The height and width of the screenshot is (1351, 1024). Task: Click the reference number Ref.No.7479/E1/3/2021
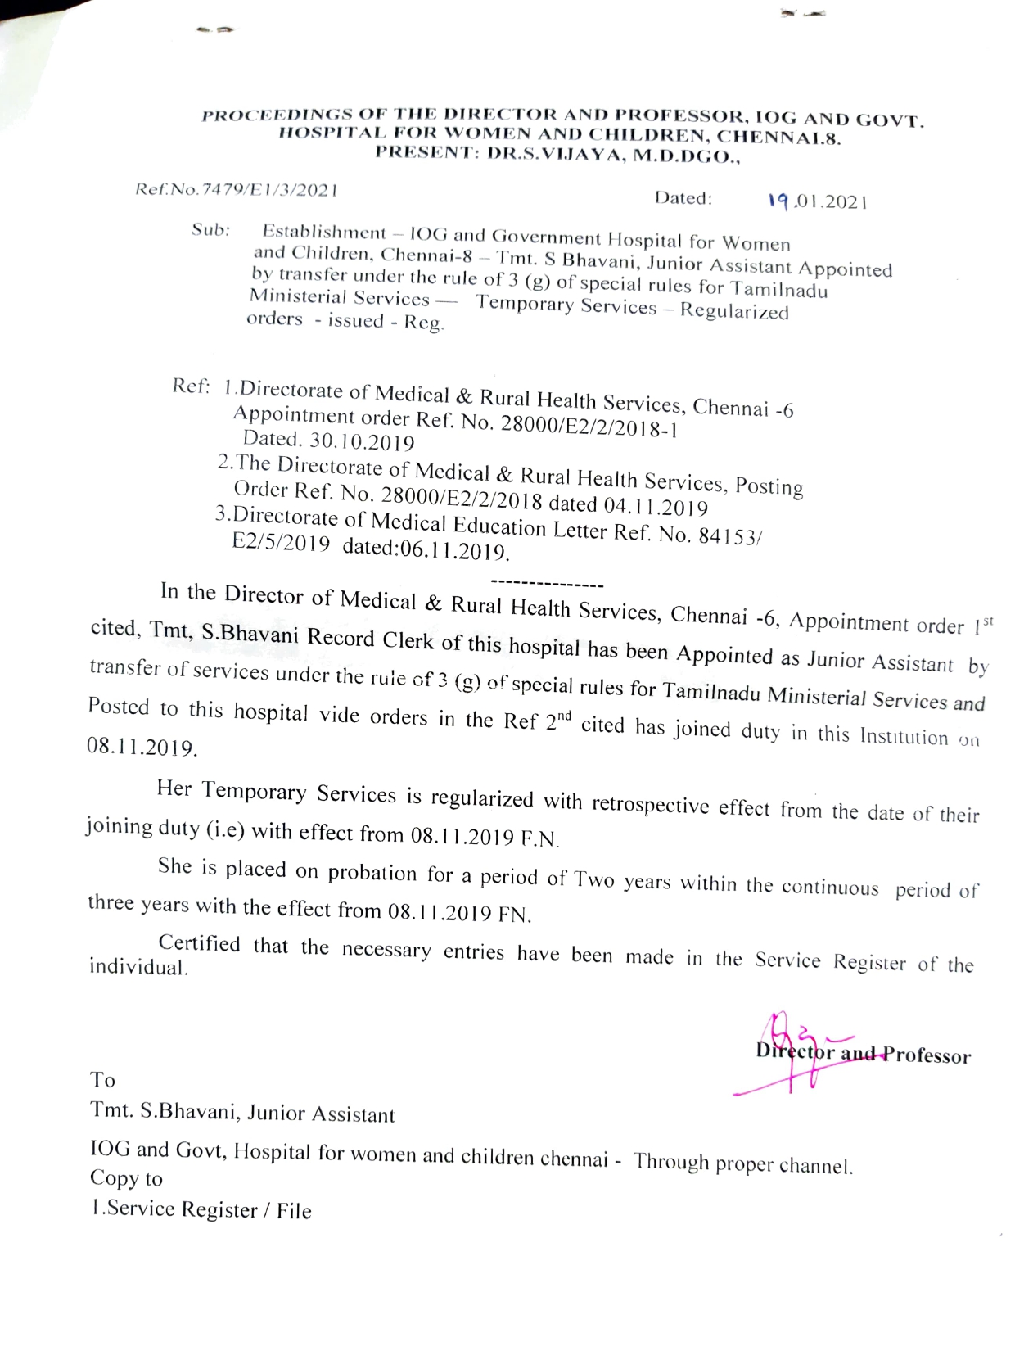pyautogui.click(x=237, y=190)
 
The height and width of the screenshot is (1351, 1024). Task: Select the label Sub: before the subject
pyautogui.click(x=211, y=230)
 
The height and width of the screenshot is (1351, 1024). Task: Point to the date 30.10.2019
pyautogui.click(x=362, y=441)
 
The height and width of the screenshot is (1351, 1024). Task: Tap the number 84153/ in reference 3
pyautogui.click(x=730, y=537)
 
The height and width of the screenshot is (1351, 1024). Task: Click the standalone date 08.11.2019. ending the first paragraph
pyautogui.click(x=142, y=748)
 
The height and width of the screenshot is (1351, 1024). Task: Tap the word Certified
pyautogui.click(x=199, y=943)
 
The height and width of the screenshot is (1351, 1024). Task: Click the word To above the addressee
pyautogui.click(x=103, y=1079)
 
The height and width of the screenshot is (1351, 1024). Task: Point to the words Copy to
pyautogui.click(x=126, y=1178)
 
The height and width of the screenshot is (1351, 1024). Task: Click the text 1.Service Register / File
pyautogui.click(x=201, y=1209)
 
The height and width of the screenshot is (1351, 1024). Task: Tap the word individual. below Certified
pyautogui.click(x=138, y=967)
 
